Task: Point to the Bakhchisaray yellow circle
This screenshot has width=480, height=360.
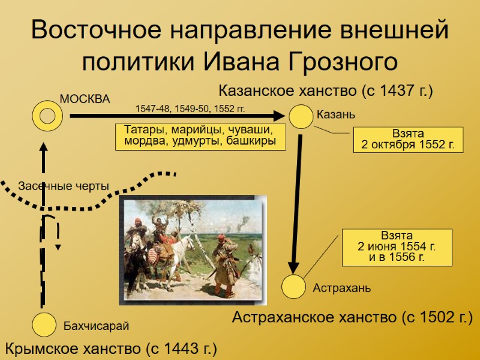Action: (x=45, y=325)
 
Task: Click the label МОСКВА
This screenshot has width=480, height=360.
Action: (x=85, y=99)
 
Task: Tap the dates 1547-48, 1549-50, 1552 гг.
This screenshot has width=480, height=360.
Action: (x=190, y=109)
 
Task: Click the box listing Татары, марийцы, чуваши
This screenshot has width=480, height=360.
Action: (x=200, y=136)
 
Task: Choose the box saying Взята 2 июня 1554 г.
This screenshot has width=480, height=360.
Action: (x=397, y=247)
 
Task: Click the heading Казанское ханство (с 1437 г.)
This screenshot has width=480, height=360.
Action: (x=325, y=91)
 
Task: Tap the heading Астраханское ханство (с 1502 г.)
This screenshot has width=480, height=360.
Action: (x=352, y=317)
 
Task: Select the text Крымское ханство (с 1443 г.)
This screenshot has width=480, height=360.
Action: (x=111, y=348)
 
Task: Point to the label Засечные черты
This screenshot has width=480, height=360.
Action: (x=64, y=186)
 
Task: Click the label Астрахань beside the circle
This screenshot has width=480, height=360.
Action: (x=341, y=288)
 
